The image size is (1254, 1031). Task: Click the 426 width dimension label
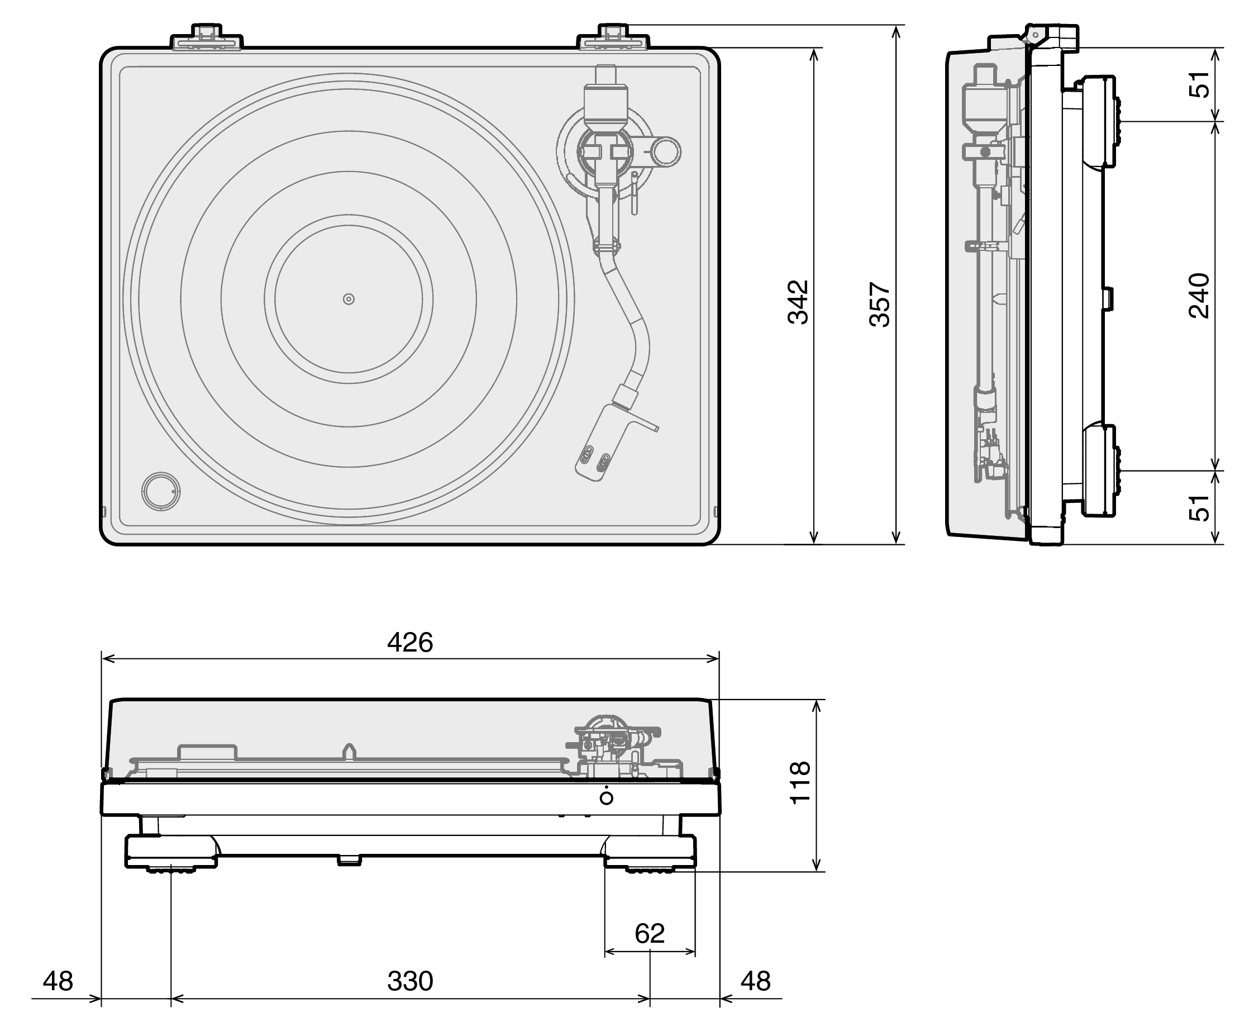[x=409, y=643]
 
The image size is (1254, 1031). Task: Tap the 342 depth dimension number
[x=799, y=302]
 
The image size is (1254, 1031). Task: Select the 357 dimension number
[x=880, y=304]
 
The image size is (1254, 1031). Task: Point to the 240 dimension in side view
[x=1199, y=296]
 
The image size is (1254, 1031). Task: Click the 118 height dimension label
[x=800, y=783]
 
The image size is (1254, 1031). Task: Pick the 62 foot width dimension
[x=650, y=934]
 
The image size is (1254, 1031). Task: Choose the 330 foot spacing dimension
[x=409, y=981]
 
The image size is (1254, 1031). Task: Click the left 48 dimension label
[x=58, y=981]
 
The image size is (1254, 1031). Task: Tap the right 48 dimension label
[x=755, y=981]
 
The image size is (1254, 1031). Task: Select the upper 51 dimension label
[x=1199, y=84]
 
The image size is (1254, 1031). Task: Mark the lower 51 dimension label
[x=1199, y=508]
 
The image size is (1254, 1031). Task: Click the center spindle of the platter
[x=349, y=300]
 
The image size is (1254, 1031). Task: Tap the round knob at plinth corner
[x=161, y=491]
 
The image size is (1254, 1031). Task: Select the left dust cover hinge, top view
[x=207, y=37]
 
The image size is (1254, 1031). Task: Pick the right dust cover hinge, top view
[x=613, y=37]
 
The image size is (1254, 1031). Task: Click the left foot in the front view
[x=171, y=854]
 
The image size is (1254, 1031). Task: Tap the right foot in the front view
[x=650, y=854]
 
